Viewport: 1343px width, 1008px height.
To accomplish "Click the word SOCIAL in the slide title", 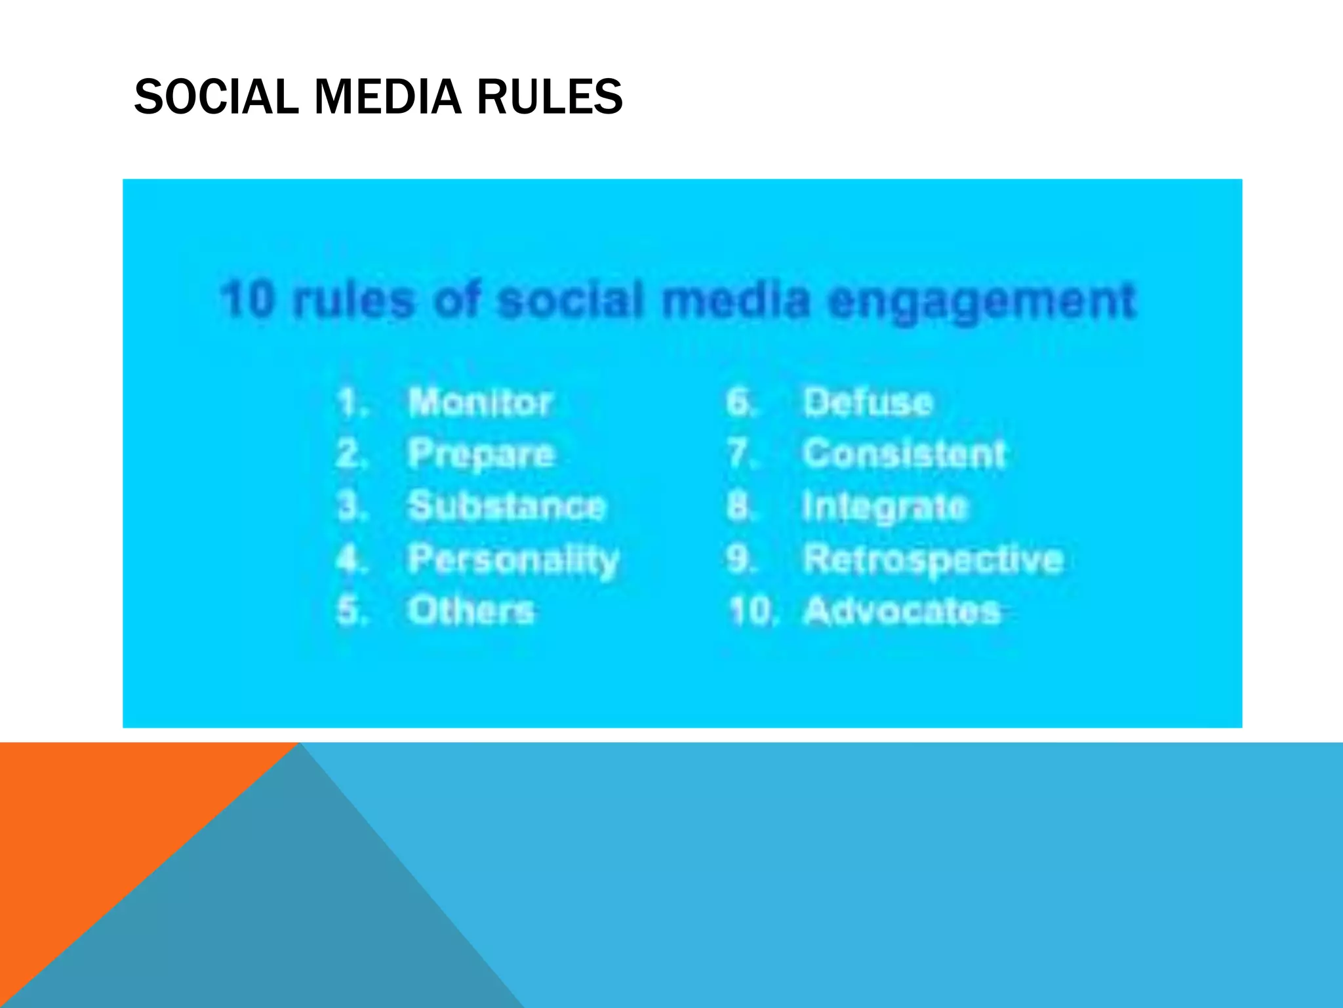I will (216, 97).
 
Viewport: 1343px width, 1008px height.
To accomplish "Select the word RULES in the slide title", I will (549, 97).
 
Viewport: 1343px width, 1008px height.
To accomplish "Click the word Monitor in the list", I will (479, 402).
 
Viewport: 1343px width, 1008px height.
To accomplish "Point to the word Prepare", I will (481, 454).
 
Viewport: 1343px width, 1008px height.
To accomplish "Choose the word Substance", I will (507, 506).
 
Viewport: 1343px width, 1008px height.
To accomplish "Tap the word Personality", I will (513, 560).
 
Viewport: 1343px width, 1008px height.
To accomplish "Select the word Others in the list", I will (471, 610).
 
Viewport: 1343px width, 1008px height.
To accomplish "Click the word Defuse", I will (868, 402).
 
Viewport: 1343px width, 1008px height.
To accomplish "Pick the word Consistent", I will (904, 454).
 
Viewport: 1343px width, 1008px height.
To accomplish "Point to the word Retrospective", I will (933, 560).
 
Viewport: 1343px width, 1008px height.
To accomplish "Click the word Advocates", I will (902, 610).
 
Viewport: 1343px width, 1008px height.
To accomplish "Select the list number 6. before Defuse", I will (741, 402).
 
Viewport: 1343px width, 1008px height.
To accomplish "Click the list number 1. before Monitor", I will (352, 402).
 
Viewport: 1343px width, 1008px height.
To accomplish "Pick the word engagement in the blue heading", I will (981, 301).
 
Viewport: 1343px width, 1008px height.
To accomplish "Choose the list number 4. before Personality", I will (352, 560).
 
